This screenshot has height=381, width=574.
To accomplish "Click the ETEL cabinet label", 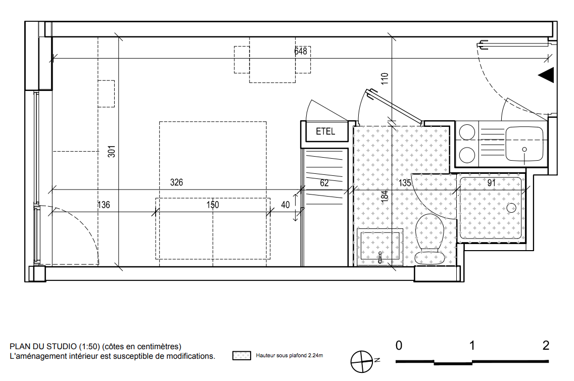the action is point(325,131).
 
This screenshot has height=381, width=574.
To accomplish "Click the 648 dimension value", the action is point(301,51).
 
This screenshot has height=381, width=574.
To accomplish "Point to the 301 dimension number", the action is point(112,152).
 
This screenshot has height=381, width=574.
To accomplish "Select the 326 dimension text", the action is point(176,182).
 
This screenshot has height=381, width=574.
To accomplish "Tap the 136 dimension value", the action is point(104,205).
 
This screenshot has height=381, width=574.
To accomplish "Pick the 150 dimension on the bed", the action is point(213,205).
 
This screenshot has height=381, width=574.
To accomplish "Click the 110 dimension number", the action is point(385,79).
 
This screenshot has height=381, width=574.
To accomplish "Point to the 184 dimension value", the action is point(385,196).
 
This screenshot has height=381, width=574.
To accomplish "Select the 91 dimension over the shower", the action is point(491,182).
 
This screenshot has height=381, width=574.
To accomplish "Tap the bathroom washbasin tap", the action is point(380,257).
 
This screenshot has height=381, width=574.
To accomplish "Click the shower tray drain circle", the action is point(511,208).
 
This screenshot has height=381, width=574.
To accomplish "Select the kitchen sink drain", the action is point(524,150).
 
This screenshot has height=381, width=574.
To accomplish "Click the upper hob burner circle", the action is point(467,132).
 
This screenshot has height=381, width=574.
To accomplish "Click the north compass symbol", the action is point(362,362).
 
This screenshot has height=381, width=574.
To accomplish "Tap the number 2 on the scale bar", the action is point(546,345).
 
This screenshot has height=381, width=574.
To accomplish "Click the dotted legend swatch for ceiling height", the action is point(242,355).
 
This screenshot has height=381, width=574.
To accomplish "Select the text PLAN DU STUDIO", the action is point(43,346).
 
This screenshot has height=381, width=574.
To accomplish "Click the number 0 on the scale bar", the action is point(399,345).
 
